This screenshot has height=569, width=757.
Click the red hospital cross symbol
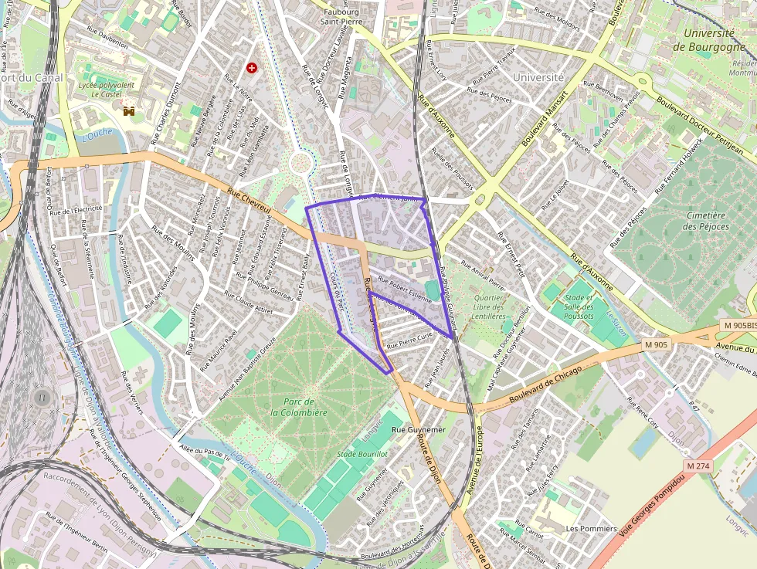pyautogui.click(x=251, y=68)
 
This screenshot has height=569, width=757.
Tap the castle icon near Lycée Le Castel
pyautogui.click(x=129, y=111)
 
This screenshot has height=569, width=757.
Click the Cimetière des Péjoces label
pyautogui.click(x=705, y=221)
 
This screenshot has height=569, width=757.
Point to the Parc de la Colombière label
pyautogui.click(x=299, y=407)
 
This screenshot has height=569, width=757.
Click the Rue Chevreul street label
pyautogui.click(x=251, y=203)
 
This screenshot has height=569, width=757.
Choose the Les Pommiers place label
pyautogui.click(x=591, y=529)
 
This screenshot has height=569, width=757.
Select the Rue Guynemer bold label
pyautogui.click(x=419, y=428)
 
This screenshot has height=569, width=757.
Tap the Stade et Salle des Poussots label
pyautogui.click(x=579, y=307)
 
